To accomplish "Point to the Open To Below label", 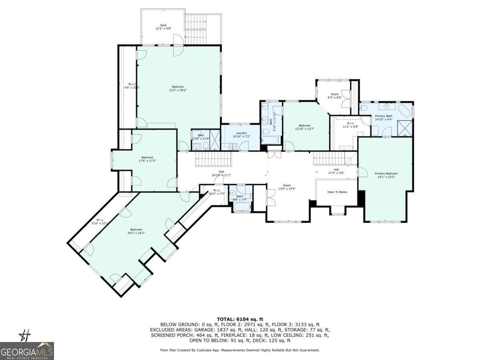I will (x=337, y=192).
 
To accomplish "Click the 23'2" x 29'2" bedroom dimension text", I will (x=178, y=90).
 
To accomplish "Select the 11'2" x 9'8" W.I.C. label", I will (x=350, y=126).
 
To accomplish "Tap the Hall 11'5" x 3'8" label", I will (x=336, y=171).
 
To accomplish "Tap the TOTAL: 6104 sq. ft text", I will (x=240, y=319).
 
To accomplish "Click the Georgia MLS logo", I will (x=27, y=351).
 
